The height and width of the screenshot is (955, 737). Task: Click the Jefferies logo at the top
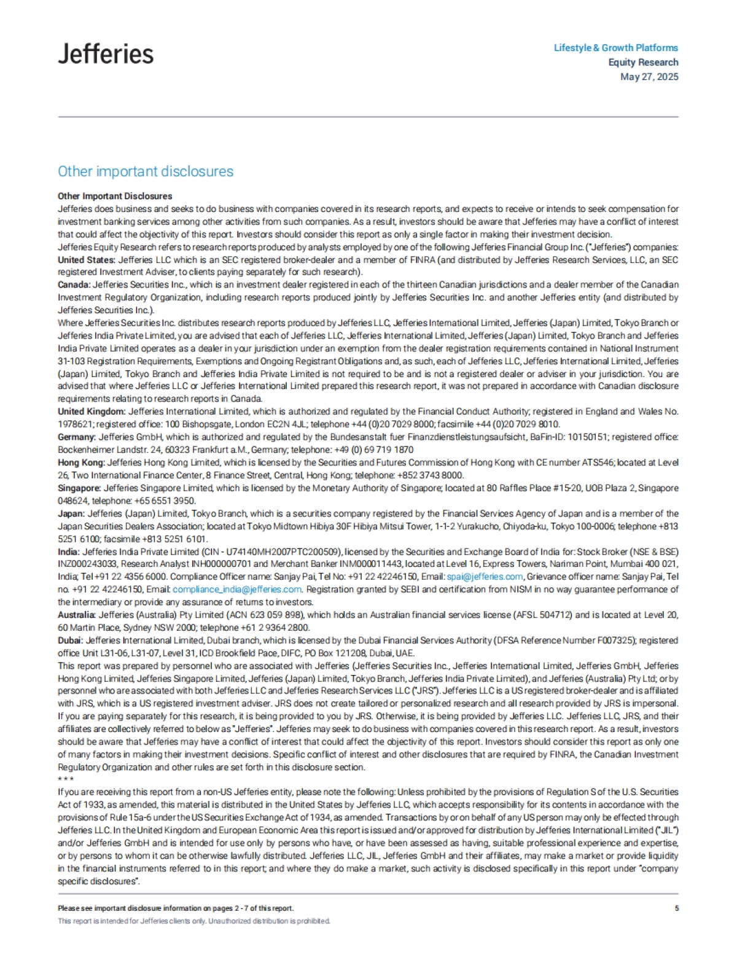click(x=106, y=54)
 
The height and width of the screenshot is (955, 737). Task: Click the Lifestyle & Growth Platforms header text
click(x=615, y=48)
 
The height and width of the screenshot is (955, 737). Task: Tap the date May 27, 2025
click(x=649, y=77)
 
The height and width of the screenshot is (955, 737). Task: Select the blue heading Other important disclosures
click(x=146, y=171)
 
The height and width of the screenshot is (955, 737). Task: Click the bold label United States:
click(x=87, y=260)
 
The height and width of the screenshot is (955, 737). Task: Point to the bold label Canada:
click(x=74, y=285)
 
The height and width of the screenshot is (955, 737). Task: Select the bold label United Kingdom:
click(x=92, y=411)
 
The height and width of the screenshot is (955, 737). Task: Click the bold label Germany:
click(x=77, y=437)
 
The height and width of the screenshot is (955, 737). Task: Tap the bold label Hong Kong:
click(x=81, y=462)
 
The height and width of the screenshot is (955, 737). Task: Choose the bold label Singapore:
click(x=79, y=488)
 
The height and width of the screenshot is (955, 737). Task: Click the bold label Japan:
click(x=71, y=513)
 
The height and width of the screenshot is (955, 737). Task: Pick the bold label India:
click(x=69, y=552)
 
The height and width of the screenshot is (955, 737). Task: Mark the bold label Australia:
click(x=77, y=615)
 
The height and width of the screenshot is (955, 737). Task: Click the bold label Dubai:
click(x=71, y=641)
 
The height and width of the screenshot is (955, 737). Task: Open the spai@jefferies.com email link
click(x=485, y=577)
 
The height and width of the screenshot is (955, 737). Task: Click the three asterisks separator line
click(x=66, y=779)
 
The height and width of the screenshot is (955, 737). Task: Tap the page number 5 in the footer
click(x=676, y=908)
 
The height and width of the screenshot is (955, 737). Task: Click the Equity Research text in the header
click(x=643, y=63)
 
